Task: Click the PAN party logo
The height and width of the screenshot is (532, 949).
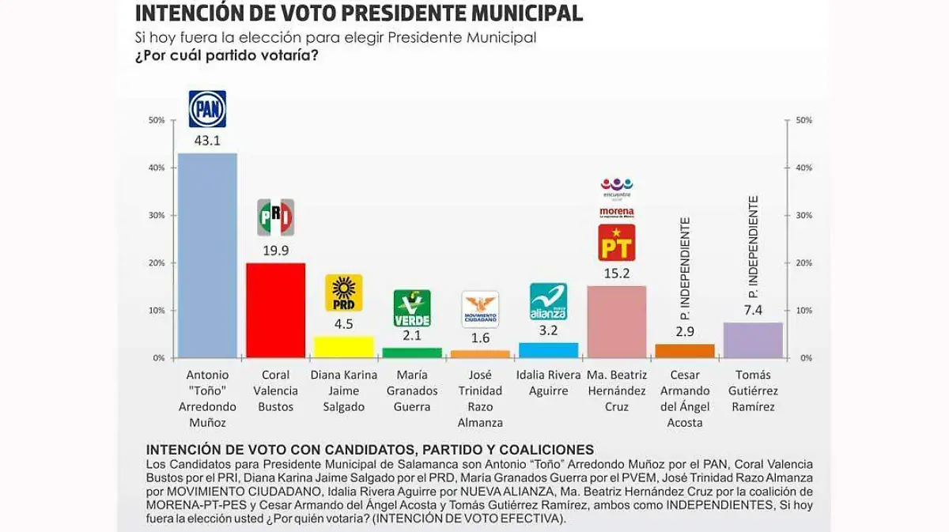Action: (207, 109)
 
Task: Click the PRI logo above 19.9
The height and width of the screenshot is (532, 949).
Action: (275, 217)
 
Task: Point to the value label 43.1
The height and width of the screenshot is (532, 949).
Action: (207, 141)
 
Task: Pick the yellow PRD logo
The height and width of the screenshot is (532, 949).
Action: (343, 292)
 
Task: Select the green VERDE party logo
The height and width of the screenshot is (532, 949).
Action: (412, 308)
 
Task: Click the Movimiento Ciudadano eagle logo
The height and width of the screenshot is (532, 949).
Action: (480, 309)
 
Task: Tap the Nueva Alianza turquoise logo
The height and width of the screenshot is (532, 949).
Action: (548, 301)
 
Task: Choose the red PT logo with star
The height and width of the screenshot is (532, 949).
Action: (616, 243)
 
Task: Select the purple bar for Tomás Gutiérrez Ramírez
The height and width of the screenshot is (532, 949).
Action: (752, 340)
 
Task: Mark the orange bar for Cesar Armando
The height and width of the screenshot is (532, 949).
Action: (684, 351)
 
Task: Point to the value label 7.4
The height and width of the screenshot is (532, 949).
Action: (752, 310)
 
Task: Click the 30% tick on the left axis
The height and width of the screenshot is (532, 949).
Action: (157, 215)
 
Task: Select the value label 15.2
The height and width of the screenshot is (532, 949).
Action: (616, 274)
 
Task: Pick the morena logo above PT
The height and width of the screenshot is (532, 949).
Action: (616, 212)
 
